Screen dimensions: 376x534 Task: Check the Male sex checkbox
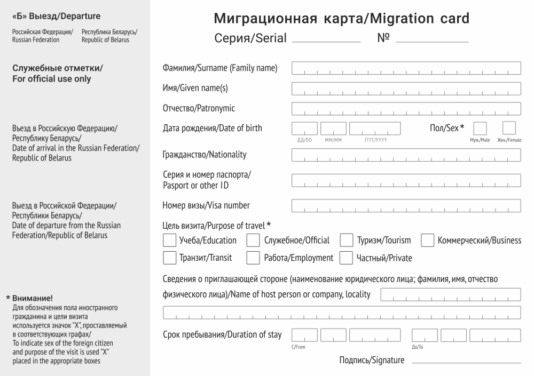(480, 129)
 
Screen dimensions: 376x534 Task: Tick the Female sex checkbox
(509, 129)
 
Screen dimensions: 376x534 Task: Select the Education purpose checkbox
(169, 241)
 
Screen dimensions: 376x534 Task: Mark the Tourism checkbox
(347, 241)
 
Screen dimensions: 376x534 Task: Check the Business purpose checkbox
(427, 241)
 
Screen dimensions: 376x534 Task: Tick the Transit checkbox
(169, 258)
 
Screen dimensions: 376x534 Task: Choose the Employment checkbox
(253, 258)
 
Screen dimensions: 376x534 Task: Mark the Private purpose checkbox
(347, 258)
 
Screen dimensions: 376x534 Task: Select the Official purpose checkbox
(253, 241)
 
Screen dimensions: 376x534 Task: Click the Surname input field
(406, 68)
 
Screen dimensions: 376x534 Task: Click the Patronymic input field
(406, 109)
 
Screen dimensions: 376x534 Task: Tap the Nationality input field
(406, 155)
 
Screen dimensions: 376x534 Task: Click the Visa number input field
(406, 206)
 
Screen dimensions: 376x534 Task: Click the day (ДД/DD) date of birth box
(304, 129)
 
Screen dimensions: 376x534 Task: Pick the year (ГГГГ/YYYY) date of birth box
(375, 129)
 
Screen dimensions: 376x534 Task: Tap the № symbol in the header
(383, 38)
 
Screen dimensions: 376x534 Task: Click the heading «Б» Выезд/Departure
(56, 17)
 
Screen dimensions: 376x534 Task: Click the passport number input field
(406, 181)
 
